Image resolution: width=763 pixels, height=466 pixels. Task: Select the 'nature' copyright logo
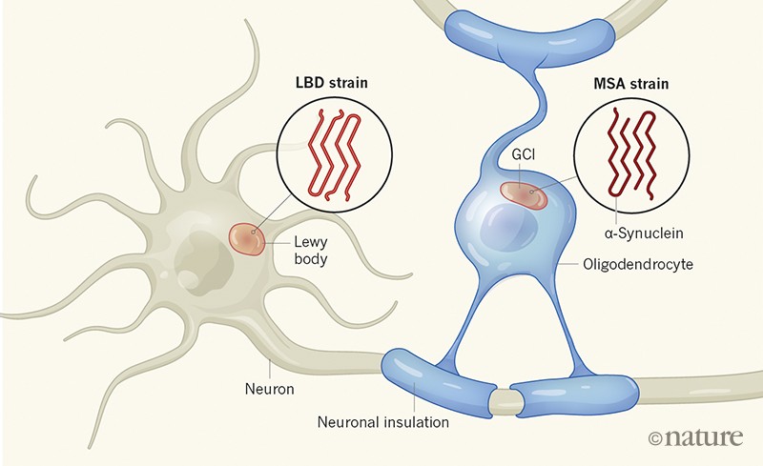pos(695,437)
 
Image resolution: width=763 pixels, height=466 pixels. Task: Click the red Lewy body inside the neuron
pos(249,239)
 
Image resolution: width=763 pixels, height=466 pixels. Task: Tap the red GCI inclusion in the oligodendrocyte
pos(526,194)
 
